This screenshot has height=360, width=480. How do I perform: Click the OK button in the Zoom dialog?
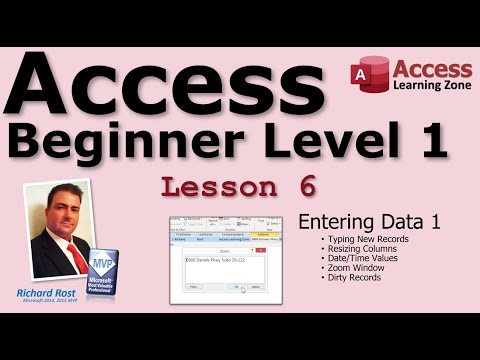pyautogui.click(x=236, y=286)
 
